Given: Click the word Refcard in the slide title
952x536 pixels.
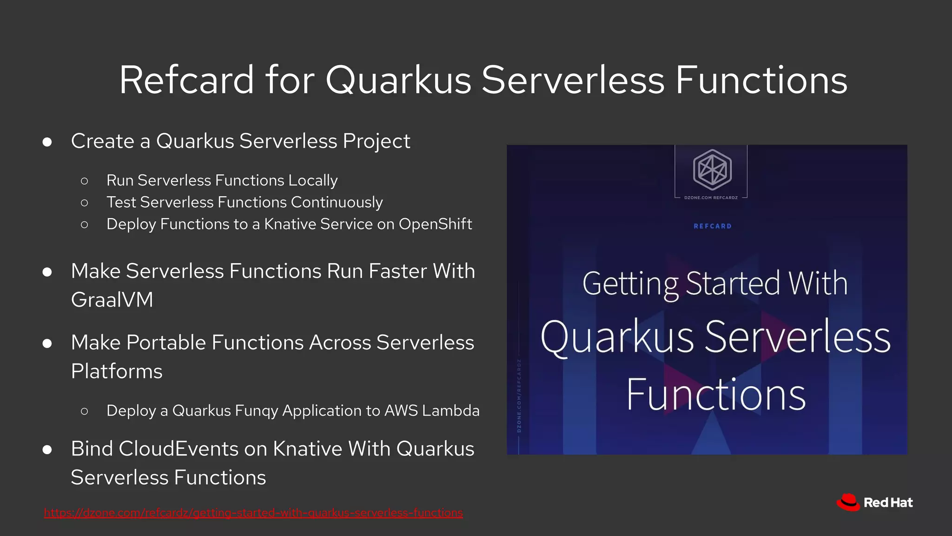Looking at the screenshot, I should [186, 80].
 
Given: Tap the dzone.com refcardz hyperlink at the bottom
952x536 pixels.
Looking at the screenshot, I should [253, 513].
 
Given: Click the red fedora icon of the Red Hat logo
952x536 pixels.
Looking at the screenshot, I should [848, 502].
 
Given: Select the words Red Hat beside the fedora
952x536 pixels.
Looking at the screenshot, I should [888, 503].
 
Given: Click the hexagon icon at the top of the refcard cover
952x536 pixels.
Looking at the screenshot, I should [712, 169].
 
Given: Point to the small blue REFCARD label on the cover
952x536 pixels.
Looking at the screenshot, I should [712, 226].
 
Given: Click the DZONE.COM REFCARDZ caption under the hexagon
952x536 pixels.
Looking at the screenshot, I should [711, 198].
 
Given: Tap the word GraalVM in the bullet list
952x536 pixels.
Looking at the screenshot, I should [112, 300].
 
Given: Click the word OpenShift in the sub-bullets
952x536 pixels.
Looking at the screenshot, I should [435, 224].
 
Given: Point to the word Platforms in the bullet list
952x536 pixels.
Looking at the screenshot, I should [117, 371].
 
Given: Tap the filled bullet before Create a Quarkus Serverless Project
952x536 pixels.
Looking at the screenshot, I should [47, 142].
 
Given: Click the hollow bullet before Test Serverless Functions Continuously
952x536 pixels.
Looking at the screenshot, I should [84, 203].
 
